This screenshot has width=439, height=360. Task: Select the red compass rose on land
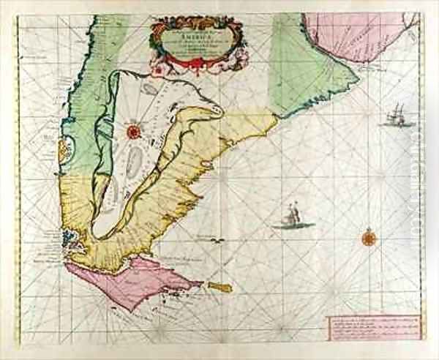pos(134,132)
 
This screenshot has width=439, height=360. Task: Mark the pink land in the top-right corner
pos(351,37)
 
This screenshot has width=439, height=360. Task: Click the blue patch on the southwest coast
pos(70,237)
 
